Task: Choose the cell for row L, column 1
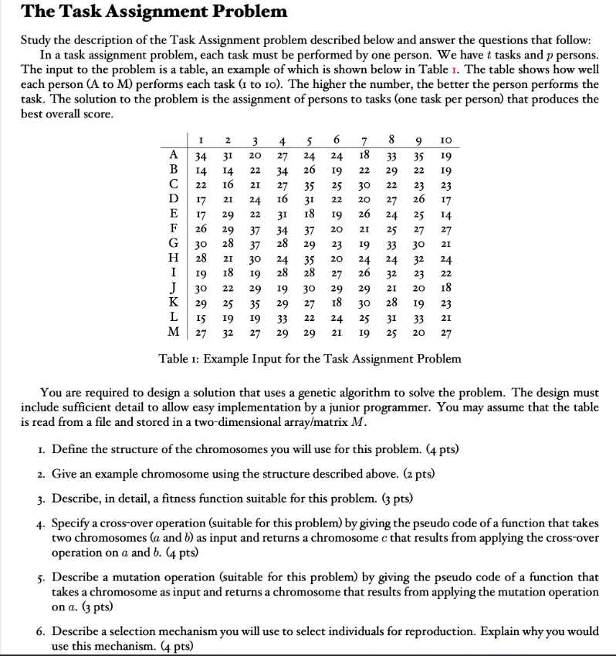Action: pos(201,318)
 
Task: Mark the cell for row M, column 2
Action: pos(228,333)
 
